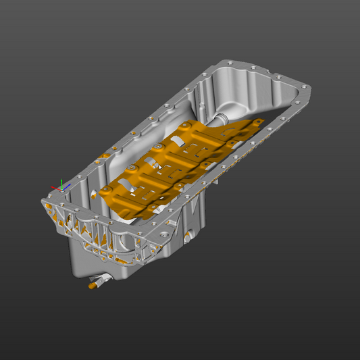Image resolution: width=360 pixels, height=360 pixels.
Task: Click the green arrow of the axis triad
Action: (x=61, y=182)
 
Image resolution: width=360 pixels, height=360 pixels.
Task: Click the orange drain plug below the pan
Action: (x=92, y=286)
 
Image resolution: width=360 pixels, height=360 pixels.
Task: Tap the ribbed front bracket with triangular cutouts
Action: (x=101, y=233)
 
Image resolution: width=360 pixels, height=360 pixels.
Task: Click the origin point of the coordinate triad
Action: (x=61, y=189)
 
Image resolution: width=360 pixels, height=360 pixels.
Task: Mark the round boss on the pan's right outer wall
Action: (x=187, y=236)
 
